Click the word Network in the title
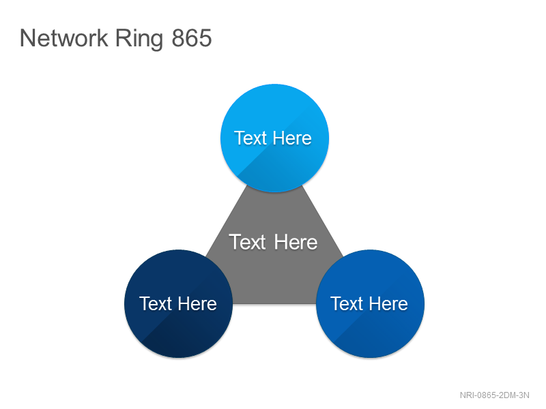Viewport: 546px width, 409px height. [x=64, y=38]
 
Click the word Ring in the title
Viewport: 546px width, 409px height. [x=139, y=40]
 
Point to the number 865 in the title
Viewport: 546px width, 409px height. [x=192, y=38]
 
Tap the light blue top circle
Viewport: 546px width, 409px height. [x=275, y=138]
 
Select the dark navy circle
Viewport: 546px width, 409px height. [x=178, y=303]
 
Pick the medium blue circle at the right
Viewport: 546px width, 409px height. [x=370, y=303]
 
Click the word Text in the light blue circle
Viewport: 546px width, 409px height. [x=250, y=138]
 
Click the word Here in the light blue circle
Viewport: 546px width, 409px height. [x=292, y=138]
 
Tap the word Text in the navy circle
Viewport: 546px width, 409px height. [x=156, y=303]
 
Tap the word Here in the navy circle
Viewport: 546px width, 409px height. [x=197, y=303]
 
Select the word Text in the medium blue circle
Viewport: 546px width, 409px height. [x=347, y=303]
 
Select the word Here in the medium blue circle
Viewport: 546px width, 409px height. [x=388, y=303]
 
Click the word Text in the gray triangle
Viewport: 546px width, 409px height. [x=247, y=242]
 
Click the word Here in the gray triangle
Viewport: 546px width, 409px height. [x=296, y=242]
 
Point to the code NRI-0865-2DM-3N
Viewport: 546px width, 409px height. [x=494, y=395]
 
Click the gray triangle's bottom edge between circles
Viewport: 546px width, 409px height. [x=274, y=303]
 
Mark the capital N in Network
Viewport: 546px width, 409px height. [x=27, y=38]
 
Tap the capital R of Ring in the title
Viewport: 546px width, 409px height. [x=123, y=38]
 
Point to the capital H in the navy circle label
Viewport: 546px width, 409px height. [x=185, y=303]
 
